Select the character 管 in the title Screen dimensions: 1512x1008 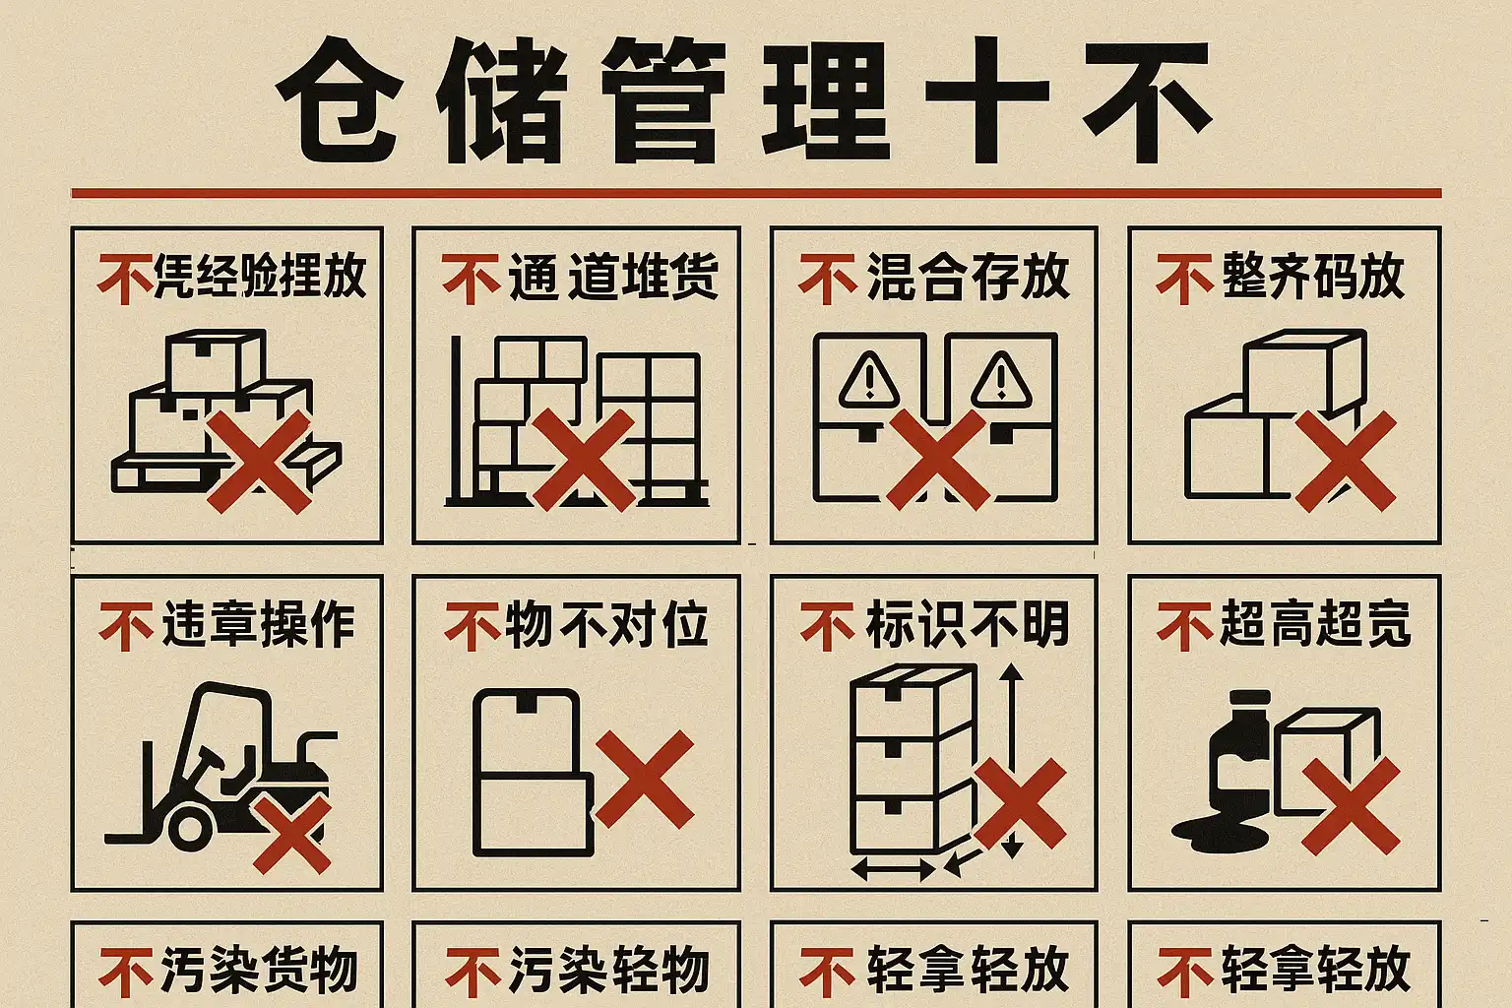[664, 100]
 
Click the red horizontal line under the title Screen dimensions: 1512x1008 [756, 194]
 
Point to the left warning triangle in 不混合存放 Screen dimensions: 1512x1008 [869, 381]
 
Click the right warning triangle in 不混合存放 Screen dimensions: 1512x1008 [1001, 381]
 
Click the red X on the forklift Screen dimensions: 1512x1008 [292, 835]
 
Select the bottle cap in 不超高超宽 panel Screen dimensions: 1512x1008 [1249, 698]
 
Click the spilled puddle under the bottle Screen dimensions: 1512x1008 [1221, 835]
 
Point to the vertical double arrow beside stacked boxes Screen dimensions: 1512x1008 [1011, 760]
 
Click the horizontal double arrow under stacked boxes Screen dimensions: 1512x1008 [893, 869]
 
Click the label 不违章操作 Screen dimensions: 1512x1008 [226, 624]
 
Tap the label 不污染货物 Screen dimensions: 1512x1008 [227, 971]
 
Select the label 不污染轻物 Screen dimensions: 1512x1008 [577, 971]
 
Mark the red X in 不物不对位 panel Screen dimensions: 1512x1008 [645, 779]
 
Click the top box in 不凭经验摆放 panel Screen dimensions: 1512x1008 [216, 361]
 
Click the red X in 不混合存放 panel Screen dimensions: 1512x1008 [937, 460]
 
